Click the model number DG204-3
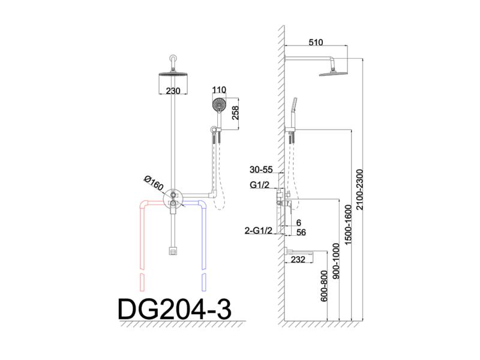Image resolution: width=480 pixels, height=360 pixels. (175, 310)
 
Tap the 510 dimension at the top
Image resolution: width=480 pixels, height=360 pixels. (316, 42)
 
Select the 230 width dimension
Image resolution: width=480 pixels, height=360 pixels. (173, 91)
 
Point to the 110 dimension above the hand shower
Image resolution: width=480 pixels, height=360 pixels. (219, 90)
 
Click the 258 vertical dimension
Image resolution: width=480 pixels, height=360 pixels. (235, 113)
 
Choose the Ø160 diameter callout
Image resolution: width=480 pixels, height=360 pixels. (154, 183)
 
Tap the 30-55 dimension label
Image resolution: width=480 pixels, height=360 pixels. (261, 170)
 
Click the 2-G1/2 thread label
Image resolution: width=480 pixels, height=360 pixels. (259, 230)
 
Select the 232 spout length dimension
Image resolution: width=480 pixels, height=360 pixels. (298, 260)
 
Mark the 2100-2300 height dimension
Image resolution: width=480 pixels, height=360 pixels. (359, 190)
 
